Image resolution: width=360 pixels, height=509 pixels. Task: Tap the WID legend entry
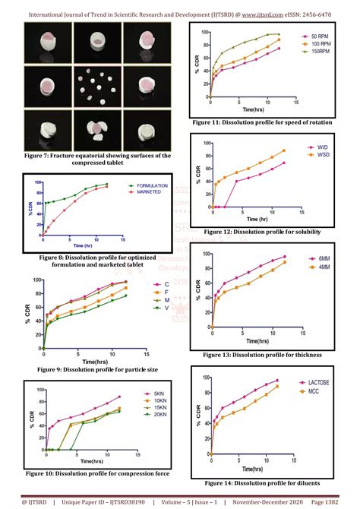click(x=322, y=147)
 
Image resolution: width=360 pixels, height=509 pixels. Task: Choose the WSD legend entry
click(x=322, y=156)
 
